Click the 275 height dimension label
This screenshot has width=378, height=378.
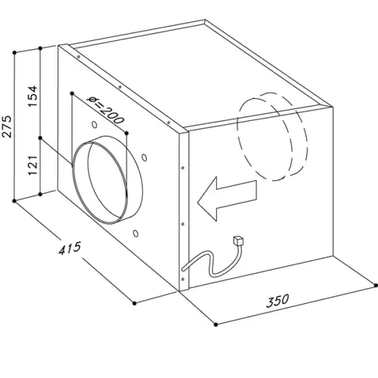(x=7, y=127)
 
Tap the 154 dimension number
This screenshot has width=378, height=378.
(x=33, y=97)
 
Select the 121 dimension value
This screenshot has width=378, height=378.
(x=33, y=166)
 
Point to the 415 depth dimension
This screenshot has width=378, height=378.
(x=70, y=248)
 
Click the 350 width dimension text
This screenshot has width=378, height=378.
(x=277, y=301)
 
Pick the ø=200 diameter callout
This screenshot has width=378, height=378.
(x=106, y=110)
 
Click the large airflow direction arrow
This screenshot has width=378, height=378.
(x=227, y=199)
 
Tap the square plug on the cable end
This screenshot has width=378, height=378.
(x=239, y=240)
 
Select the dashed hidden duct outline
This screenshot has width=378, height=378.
(x=272, y=136)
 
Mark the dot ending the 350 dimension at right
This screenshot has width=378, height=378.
(x=376, y=285)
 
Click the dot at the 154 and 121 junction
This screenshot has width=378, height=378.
(x=40, y=138)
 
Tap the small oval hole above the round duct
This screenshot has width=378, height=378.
(x=94, y=125)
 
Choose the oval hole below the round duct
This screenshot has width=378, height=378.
(x=136, y=233)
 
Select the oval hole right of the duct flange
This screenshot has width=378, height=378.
(x=144, y=157)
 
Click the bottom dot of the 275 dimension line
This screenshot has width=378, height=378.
(x=14, y=201)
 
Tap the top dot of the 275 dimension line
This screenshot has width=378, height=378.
(x=14, y=52)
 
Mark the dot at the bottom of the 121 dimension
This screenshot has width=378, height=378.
(x=40, y=194)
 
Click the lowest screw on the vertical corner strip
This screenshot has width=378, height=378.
(x=183, y=279)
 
